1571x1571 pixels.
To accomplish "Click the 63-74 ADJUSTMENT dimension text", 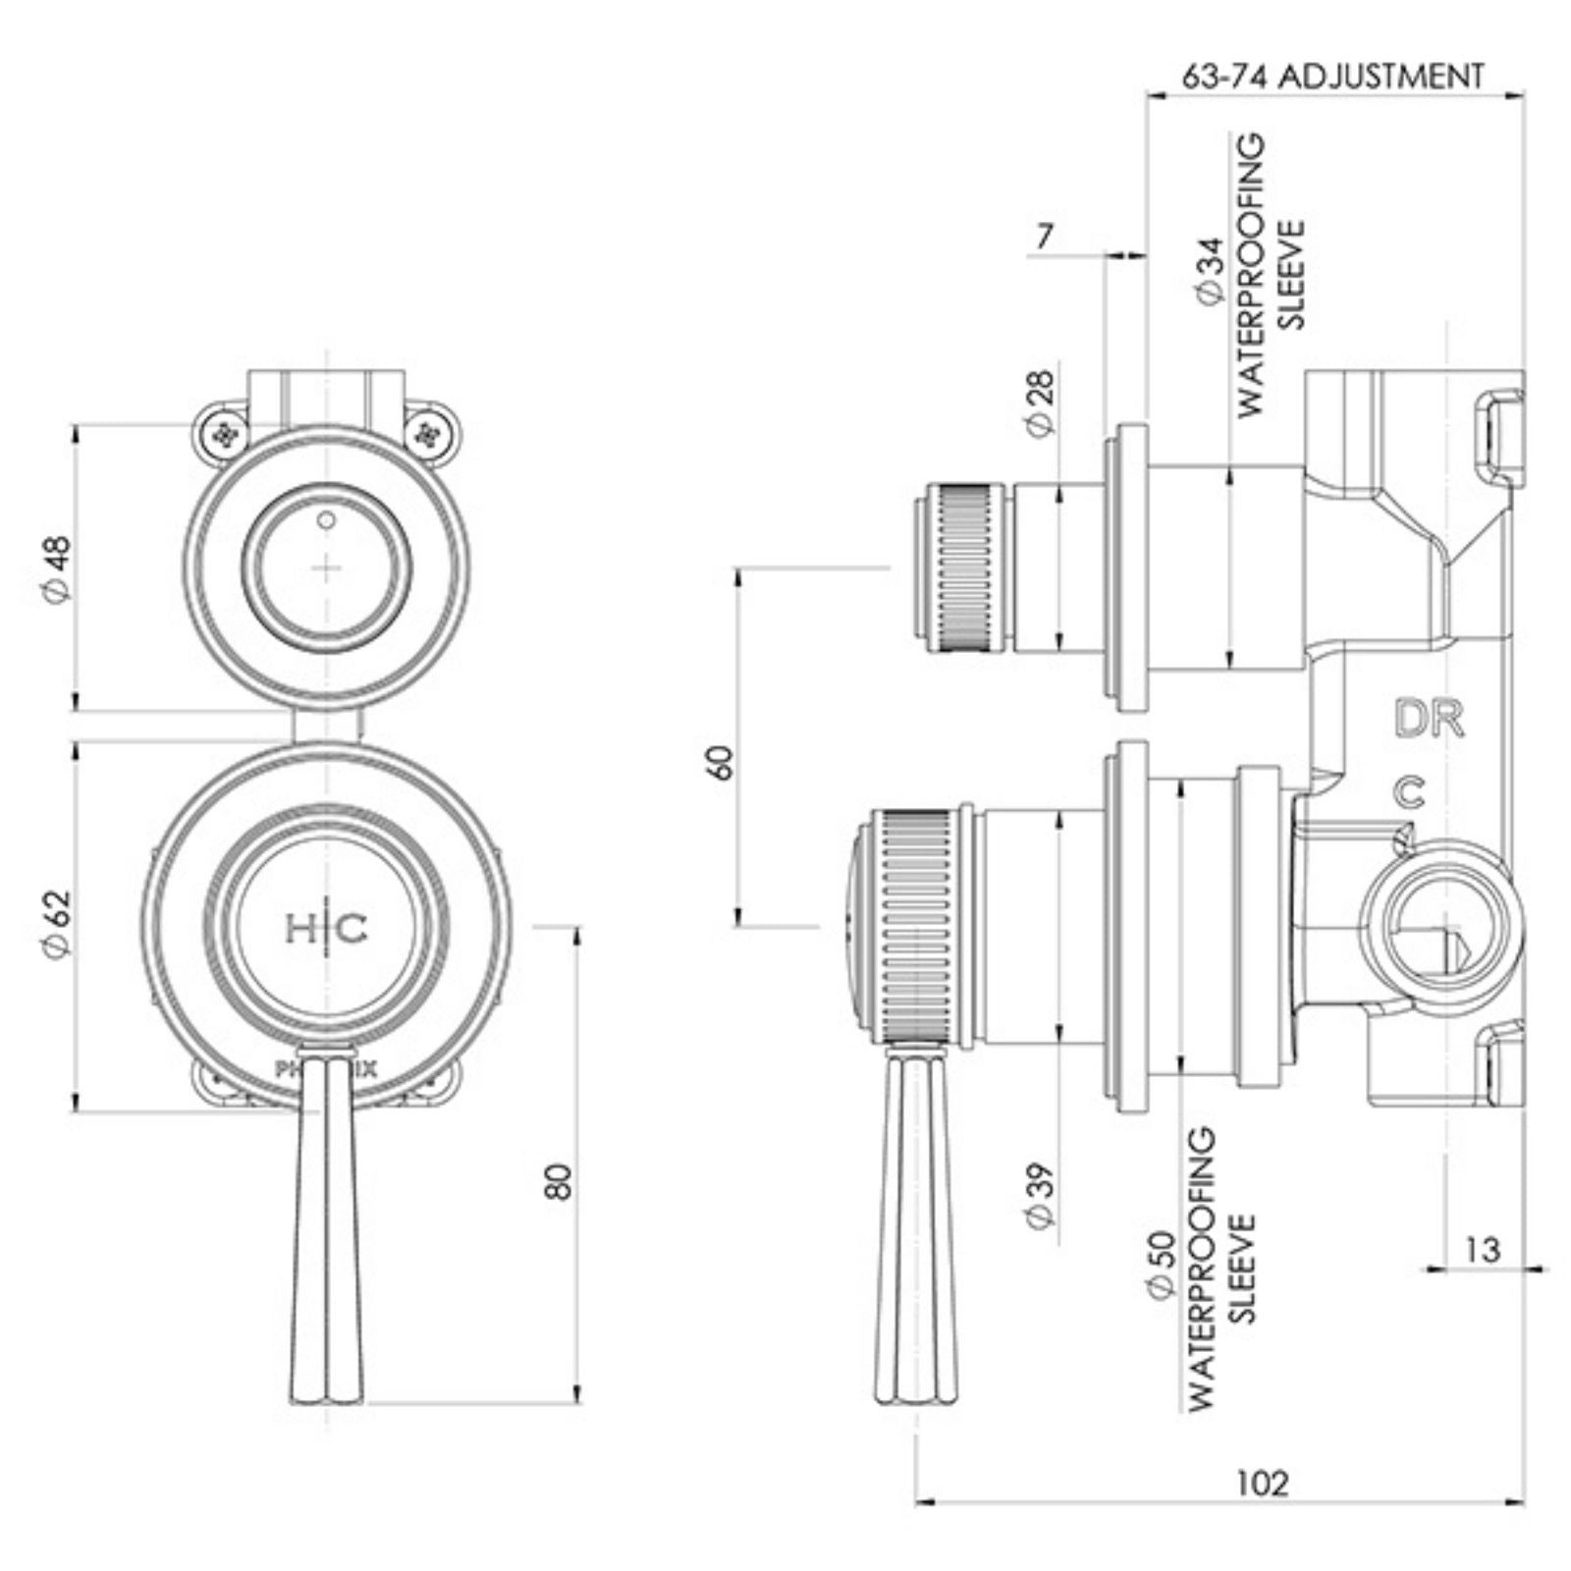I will (x=1331, y=76).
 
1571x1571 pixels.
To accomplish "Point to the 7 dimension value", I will (x=1044, y=237).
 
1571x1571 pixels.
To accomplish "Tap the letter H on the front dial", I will (x=298, y=928).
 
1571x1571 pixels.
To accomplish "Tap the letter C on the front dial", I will (x=353, y=928).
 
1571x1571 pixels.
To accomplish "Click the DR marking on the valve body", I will (x=1429, y=720).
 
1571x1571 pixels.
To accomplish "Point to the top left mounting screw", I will (x=227, y=433).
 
